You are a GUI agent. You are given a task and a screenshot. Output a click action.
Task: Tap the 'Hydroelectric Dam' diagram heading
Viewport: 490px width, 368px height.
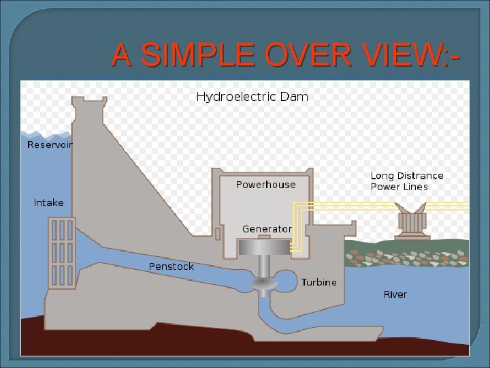click(x=252, y=97)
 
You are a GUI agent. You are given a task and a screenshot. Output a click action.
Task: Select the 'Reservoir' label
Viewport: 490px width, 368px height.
click(x=50, y=144)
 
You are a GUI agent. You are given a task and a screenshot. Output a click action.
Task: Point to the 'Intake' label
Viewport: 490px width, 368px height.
click(x=48, y=202)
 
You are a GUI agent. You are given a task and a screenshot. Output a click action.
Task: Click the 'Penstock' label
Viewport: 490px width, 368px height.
click(x=171, y=266)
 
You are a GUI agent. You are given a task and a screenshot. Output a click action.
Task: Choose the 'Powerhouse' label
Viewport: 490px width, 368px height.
click(x=265, y=185)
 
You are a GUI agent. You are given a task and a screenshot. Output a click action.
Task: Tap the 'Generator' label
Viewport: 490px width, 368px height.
click(x=267, y=229)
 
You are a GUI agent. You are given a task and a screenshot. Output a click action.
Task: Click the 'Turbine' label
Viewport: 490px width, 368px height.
click(x=318, y=282)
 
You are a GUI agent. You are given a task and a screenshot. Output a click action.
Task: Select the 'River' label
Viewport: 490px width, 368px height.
click(x=395, y=294)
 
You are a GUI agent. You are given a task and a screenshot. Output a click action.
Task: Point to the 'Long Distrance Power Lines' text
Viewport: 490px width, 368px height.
click(x=406, y=181)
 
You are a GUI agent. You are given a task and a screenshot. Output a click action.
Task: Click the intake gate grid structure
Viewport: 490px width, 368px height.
click(x=61, y=252)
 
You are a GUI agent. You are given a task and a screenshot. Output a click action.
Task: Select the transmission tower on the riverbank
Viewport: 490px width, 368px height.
click(x=411, y=221)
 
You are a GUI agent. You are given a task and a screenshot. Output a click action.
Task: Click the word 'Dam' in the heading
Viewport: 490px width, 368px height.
click(x=295, y=97)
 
